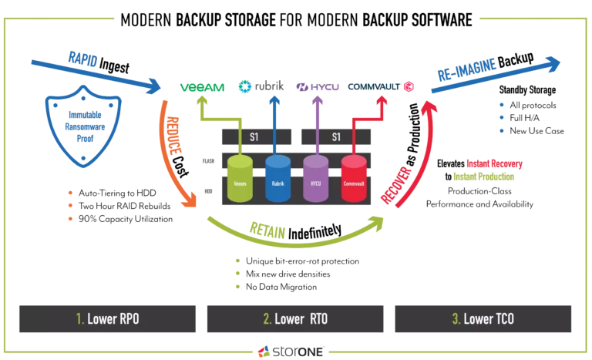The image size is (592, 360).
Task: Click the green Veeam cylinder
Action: [x=239, y=180]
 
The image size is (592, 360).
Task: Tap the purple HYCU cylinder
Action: [x=314, y=180]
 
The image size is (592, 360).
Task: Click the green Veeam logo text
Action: [x=202, y=87]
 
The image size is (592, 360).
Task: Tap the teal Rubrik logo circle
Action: [x=244, y=87]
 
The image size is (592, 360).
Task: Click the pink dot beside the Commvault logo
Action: [x=408, y=86]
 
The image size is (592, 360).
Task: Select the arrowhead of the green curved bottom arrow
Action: [x=378, y=221]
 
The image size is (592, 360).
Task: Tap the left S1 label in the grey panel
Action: [x=254, y=136]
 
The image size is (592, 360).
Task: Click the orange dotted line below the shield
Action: [x=70, y=204]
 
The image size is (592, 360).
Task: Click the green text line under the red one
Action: [x=484, y=177]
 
